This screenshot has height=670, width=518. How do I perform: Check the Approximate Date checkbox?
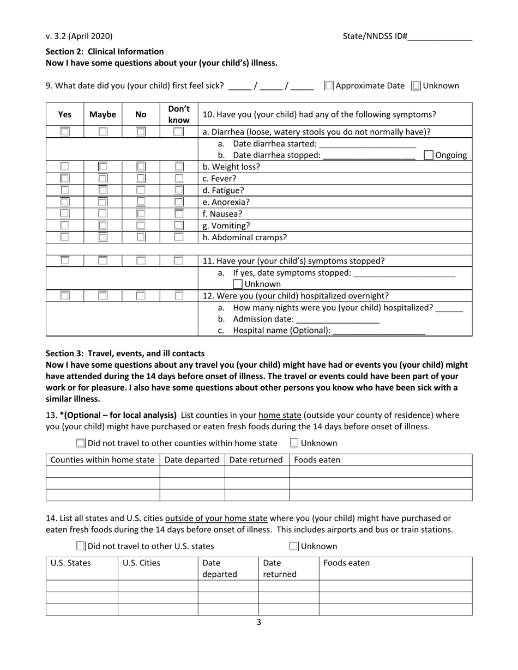(329, 86)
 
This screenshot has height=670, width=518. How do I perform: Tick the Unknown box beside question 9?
(416, 86)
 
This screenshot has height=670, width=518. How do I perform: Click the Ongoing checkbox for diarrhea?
(429, 155)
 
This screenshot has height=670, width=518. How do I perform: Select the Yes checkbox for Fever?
(64, 179)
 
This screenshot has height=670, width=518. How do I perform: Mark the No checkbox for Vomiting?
(141, 226)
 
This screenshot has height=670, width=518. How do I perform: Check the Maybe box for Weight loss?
(103, 167)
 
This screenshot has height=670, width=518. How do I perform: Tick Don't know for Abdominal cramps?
(178, 237)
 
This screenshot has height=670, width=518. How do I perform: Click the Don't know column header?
(179, 114)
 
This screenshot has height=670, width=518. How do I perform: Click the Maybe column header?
(103, 114)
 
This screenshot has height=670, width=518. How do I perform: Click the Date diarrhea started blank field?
(367, 144)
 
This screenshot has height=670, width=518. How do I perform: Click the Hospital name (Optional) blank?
(378, 331)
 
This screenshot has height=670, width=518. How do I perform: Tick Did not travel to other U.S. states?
(81, 546)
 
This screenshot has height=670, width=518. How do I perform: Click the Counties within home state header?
(103, 460)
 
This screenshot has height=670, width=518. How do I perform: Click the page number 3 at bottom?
(259, 622)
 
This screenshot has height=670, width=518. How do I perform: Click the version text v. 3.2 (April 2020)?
(79, 36)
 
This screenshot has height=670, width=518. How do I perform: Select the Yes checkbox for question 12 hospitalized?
(64, 296)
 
